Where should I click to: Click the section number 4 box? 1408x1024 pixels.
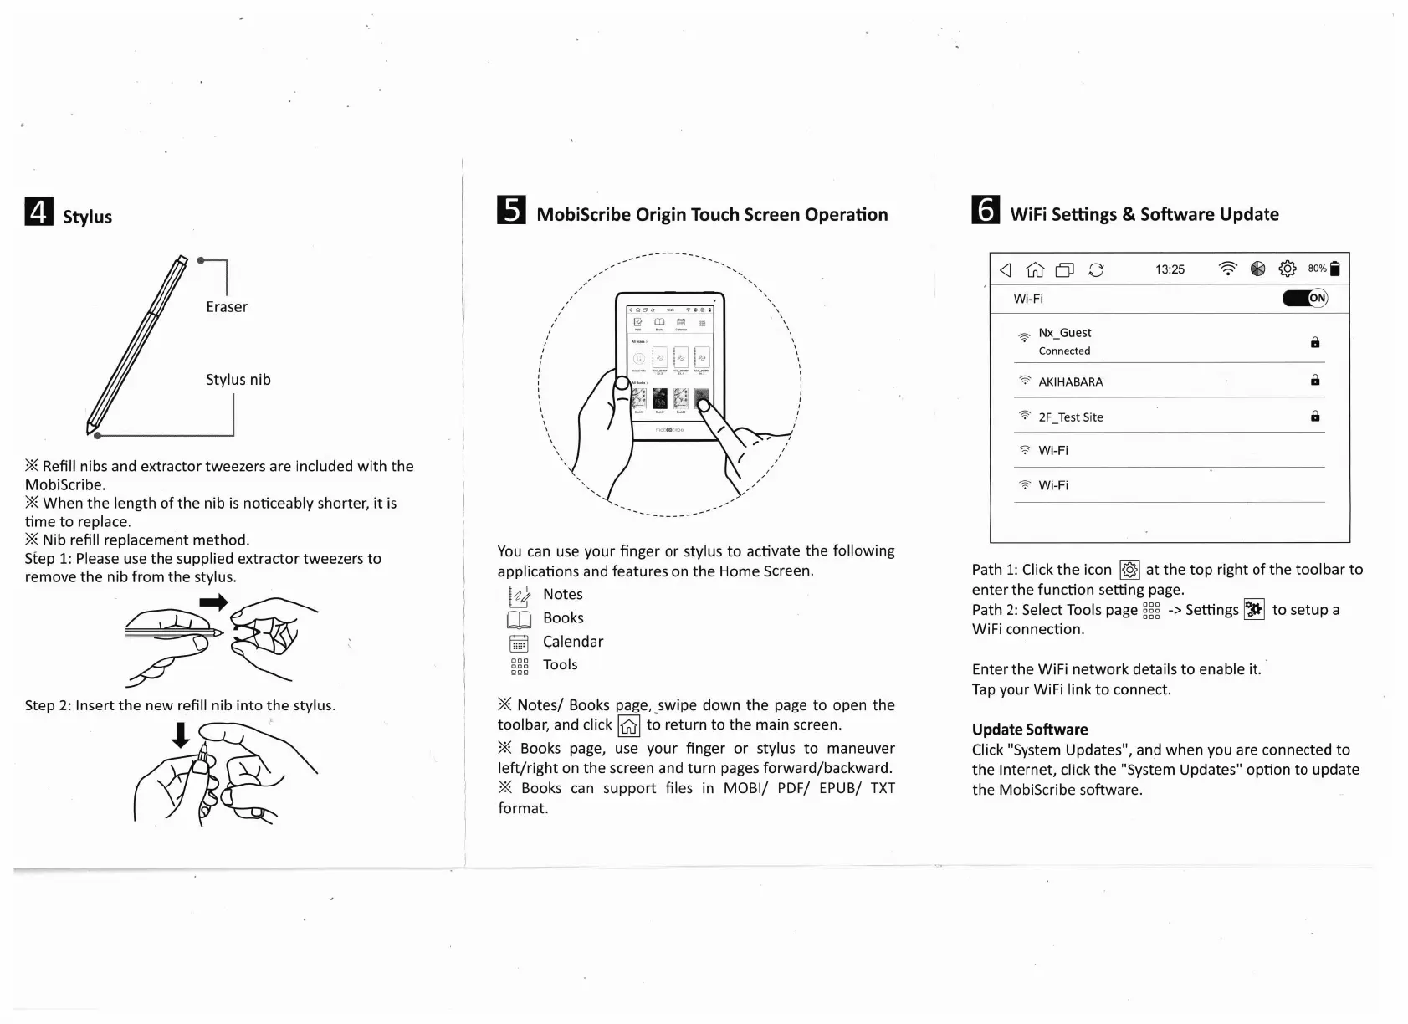tap(38, 212)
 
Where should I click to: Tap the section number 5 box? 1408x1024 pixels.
tap(511, 210)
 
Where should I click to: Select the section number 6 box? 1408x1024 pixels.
tap(986, 210)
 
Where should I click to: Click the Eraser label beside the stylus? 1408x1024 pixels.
tap(227, 307)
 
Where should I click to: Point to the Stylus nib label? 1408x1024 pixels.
tap(238, 380)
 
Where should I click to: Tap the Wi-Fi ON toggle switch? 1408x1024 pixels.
tap(1305, 298)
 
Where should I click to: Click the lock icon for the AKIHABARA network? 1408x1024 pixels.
tap(1315, 381)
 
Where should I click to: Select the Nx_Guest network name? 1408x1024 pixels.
tap(1064, 333)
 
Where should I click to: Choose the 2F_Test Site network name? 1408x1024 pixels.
tap(1070, 417)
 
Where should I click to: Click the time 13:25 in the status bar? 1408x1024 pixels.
tap(1170, 269)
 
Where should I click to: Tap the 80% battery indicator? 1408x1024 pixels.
tap(1324, 269)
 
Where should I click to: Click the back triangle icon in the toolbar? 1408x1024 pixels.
tap(1006, 269)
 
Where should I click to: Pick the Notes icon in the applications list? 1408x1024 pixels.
tap(519, 596)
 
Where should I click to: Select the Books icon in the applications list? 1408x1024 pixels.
tap(519, 619)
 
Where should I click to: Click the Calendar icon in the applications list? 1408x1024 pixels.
tap(519, 643)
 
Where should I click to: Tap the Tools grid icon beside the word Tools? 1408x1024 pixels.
tap(520, 667)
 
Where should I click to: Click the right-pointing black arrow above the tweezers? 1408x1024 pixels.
tap(214, 602)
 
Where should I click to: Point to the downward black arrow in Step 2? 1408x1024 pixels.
tap(180, 735)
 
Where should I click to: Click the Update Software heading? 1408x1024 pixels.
tap(1030, 730)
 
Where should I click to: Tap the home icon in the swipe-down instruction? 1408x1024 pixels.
tap(628, 726)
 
